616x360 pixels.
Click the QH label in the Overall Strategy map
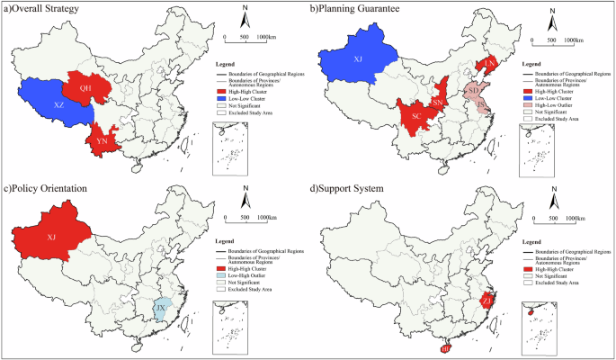(85, 88)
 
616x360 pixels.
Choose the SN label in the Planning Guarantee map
(438, 103)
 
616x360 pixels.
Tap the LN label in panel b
(490, 63)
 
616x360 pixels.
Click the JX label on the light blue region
(160, 311)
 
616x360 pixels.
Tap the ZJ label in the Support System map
(487, 300)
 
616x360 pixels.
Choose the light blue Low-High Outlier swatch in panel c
(221, 274)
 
